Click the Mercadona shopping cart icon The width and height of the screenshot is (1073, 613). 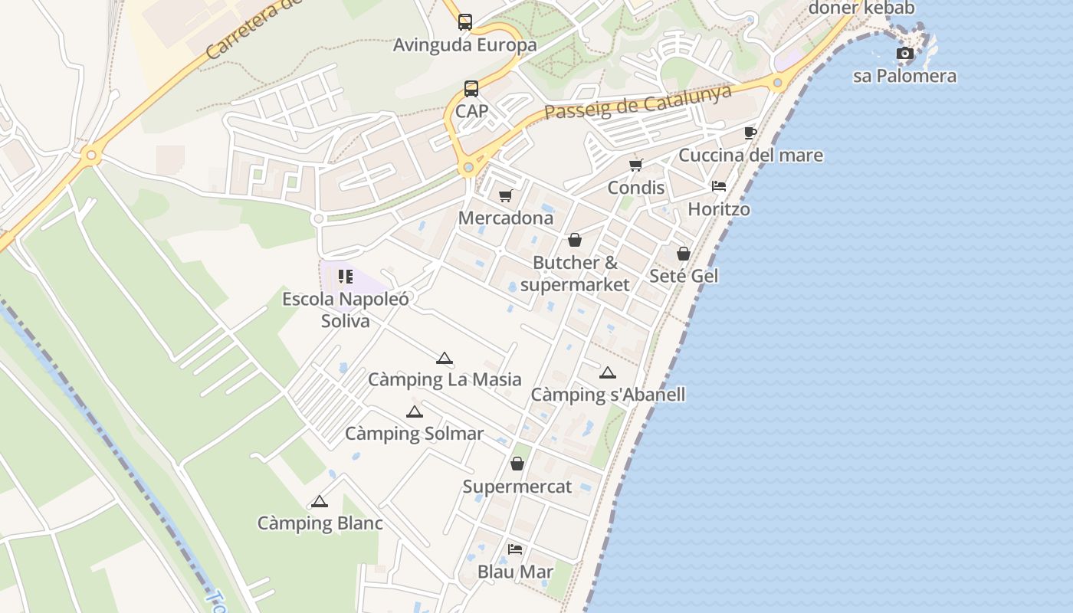click(505, 196)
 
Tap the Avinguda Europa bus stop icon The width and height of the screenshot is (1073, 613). click(465, 22)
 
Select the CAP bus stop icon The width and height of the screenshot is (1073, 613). click(471, 89)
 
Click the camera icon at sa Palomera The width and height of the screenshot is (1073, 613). click(905, 54)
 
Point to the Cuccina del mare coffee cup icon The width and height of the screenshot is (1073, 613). click(750, 133)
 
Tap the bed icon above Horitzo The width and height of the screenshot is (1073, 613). click(719, 186)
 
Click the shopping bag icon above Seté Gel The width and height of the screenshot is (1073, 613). click(684, 254)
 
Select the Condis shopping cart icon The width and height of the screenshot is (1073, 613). click(635, 165)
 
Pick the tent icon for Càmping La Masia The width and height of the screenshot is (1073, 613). click(445, 358)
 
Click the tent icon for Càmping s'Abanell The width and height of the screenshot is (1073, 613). click(608, 373)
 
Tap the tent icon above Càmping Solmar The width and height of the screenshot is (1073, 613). click(415, 411)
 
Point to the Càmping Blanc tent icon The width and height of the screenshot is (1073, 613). click(320, 502)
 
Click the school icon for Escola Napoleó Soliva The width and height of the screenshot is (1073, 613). click(346, 276)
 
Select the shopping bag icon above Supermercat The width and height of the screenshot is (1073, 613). click(517, 464)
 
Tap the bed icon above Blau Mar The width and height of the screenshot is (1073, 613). click(515, 549)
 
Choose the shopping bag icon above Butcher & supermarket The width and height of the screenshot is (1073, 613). click(575, 241)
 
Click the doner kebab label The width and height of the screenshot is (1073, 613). click(861, 8)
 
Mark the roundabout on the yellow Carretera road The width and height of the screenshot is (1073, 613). click(91, 156)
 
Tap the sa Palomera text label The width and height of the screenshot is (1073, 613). click(904, 76)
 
